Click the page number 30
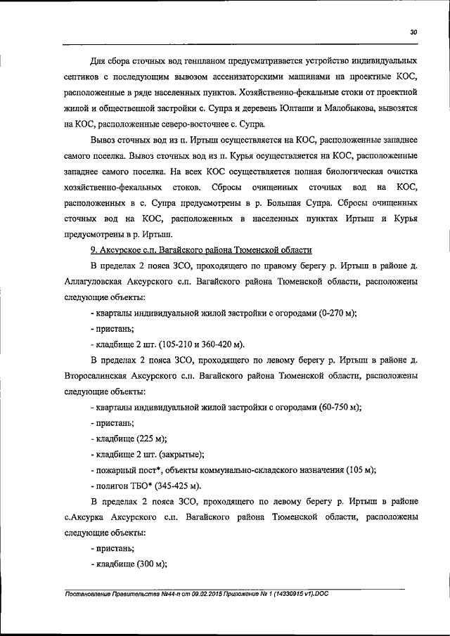(x=414, y=31)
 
